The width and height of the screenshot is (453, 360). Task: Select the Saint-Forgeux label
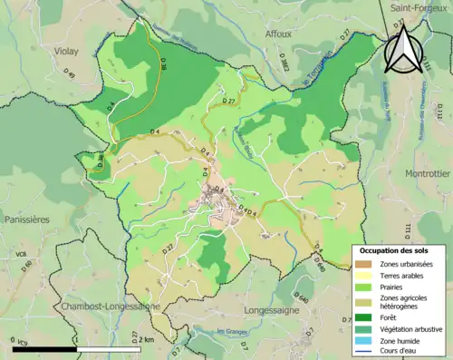(416, 9)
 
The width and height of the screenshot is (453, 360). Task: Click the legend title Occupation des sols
(395, 249)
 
